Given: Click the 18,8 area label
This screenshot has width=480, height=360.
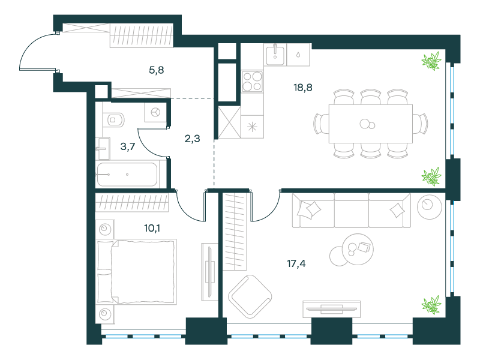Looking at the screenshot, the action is point(303,88).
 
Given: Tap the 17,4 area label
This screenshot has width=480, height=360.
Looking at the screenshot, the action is point(296,263).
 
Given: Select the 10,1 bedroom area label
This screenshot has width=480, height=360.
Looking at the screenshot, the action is point(152,228).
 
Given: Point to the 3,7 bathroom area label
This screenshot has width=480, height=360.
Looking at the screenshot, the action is point(128,146).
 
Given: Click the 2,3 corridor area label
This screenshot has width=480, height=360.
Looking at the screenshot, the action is point(192,139).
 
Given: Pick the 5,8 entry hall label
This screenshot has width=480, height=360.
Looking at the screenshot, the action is point(156,70).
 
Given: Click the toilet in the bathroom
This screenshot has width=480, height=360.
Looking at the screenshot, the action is point(113,120).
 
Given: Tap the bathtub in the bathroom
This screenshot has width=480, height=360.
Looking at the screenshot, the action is point(127,175).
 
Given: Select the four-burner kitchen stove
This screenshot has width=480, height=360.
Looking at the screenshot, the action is point(252,82).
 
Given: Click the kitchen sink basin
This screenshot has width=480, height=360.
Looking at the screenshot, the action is point(275,55).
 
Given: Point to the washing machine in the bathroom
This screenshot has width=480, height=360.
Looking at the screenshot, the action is point(155,112).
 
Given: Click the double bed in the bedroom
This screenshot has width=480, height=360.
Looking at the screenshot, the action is point(136,272).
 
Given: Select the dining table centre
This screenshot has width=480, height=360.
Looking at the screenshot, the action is point(371,124).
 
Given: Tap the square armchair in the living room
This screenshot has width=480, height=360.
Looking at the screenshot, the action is point(250,296).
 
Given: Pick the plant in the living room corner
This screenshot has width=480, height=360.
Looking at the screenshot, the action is point(431,305).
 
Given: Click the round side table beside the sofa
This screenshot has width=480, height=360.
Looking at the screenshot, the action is point(430,207).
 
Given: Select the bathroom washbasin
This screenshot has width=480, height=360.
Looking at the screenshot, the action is point(103,149).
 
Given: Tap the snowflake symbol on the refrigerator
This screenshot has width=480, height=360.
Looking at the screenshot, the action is point(252,127).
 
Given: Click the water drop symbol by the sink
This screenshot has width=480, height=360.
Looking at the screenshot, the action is point(298,55).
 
